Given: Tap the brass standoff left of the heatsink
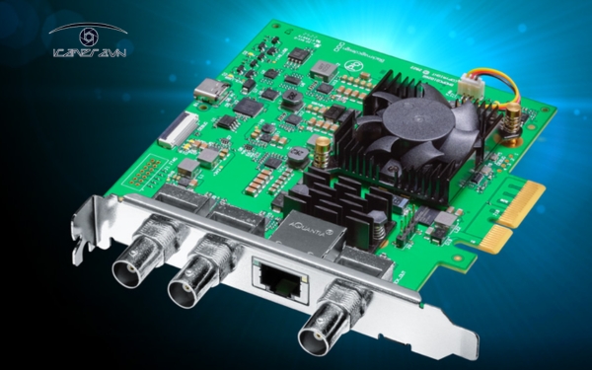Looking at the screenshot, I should coord(322,147).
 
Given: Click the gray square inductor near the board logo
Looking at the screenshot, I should coord(323,70).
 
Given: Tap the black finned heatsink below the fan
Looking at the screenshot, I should coord(340,202).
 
